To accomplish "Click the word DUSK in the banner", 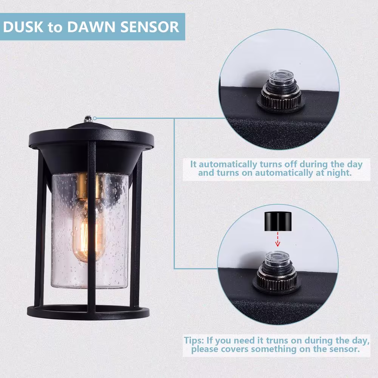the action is (x=23, y=27).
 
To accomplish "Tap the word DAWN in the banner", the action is (x=91, y=27).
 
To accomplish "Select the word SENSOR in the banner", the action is (x=150, y=27).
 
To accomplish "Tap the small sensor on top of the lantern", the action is (x=88, y=119).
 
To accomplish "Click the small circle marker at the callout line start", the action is (x=95, y=118).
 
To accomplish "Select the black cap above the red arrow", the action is (x=278, y=221).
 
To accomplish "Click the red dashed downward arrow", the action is (x=278, y=239).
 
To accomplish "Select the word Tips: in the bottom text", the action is (x=194, y=341).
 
